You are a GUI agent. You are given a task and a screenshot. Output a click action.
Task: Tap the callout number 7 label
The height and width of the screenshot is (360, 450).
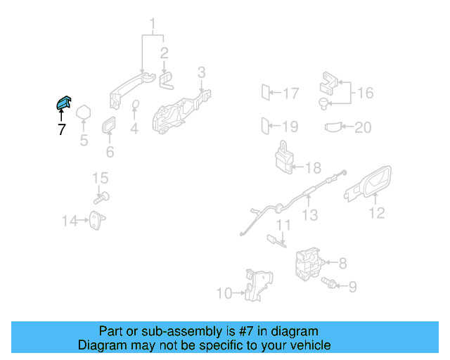61,129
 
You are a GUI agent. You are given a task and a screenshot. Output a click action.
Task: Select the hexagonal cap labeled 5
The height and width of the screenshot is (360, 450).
84,112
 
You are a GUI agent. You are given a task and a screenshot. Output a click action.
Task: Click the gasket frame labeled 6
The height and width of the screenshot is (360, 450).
110,127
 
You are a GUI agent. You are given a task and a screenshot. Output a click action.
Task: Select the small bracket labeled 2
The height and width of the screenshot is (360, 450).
167,80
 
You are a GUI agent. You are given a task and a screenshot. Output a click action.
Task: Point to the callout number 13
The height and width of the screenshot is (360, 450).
310,216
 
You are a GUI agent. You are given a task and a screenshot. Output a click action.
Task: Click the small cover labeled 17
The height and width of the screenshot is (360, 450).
266,93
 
